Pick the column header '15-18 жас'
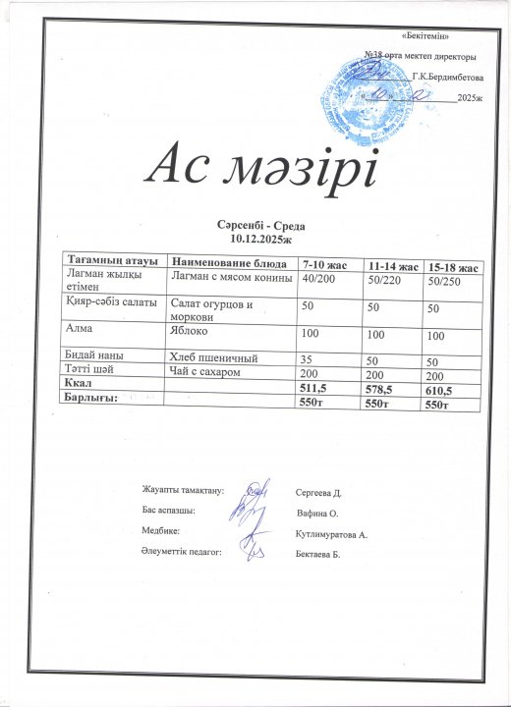click(453, 267)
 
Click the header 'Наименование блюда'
click(229, 264)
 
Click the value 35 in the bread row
click(308, 360)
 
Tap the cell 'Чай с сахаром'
click(205, 373)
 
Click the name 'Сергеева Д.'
click(316, 489)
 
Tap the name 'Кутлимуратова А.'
click(330, 534)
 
